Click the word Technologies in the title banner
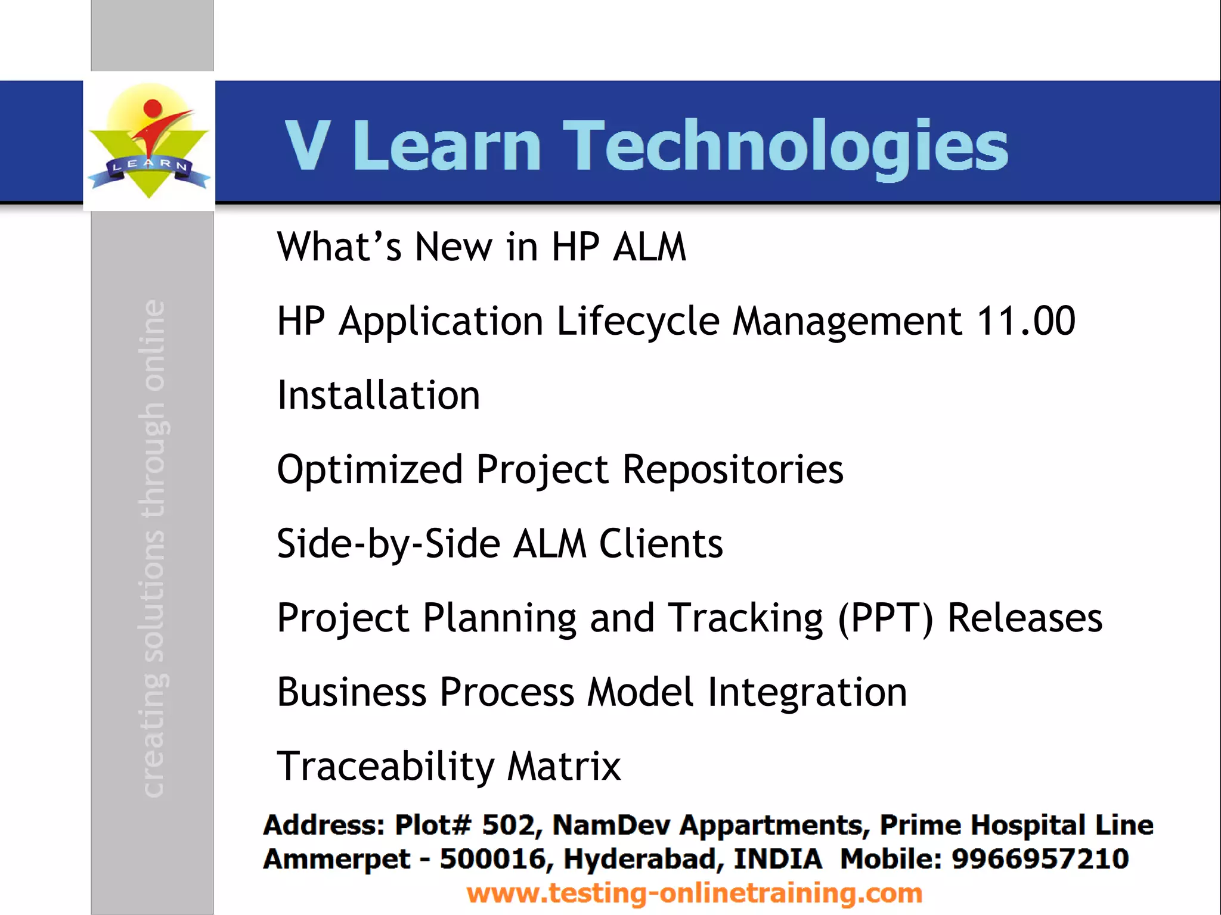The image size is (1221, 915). (785, 146)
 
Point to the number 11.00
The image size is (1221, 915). (1025, 321)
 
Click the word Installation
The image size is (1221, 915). (379, 396)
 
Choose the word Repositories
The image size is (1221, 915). (733, 469)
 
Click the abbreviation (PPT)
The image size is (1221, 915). (885, 618)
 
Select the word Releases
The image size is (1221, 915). (1025, 618)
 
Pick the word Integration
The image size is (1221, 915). (807, 692)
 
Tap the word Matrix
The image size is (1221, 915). (563, 766)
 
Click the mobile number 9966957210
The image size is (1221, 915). (1040, 859)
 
